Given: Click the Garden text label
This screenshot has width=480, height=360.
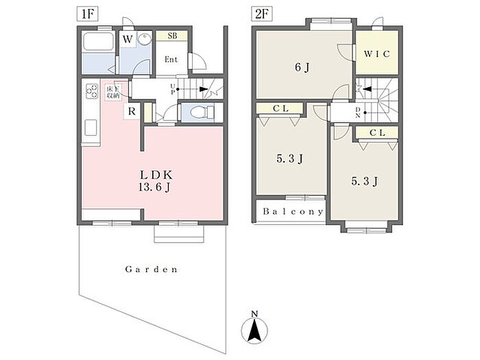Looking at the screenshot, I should pos(152,269).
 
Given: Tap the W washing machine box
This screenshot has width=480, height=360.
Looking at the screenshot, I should pos(128,40).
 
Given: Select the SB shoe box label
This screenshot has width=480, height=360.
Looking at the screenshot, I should pos(172,36).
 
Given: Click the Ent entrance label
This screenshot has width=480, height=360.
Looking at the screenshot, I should pos(171,59).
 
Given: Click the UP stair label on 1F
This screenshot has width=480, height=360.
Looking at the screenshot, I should pos(173,88).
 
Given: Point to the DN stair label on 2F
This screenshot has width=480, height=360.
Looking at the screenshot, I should pos(357,113).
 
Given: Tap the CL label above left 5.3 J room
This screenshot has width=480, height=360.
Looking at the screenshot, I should pos(279,109).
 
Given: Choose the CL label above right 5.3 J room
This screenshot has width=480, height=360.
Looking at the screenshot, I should pos(376,133).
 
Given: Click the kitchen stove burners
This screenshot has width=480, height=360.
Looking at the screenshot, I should pos(91,92).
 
